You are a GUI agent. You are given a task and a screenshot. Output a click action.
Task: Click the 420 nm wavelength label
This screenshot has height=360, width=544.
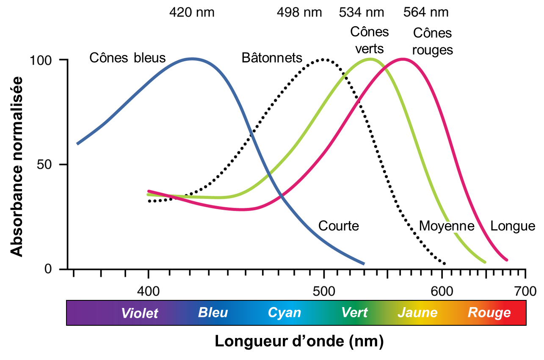(x=192, y=12)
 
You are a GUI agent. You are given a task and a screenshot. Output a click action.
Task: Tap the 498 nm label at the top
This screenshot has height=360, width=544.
(x=299, y=12)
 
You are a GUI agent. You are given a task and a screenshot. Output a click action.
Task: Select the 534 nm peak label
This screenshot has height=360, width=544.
(x=361, y=12)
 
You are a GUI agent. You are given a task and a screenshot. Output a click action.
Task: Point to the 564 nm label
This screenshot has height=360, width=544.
(x=426, y=12)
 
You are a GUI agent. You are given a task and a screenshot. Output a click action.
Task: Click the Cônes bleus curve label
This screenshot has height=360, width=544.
(x=127, y=58)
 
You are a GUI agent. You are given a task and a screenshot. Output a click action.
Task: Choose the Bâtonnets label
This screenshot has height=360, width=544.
(x=272, y=58)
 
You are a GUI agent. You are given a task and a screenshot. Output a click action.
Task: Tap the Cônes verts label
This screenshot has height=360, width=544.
(x=369, y=40)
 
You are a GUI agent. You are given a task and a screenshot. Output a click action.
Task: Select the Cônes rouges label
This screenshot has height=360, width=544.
(x=432, y=41)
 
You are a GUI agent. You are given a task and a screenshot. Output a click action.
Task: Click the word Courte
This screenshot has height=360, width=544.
(x=338, y=226)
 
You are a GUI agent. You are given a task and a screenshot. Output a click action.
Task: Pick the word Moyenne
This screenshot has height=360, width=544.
(x=446, y=226)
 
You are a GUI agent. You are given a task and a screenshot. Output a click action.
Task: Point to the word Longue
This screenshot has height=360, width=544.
(x=513, y=226)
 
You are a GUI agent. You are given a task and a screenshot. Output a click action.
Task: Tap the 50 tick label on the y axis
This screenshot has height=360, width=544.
(x=45, y=164)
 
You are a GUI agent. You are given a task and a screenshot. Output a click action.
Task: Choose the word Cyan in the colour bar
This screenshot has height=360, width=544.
(x=284, y=313)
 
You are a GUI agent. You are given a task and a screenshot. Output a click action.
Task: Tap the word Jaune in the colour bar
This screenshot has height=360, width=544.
(x=417, y=313)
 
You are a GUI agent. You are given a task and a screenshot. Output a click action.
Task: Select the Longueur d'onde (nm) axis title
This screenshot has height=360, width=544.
(x=299, y=341)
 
